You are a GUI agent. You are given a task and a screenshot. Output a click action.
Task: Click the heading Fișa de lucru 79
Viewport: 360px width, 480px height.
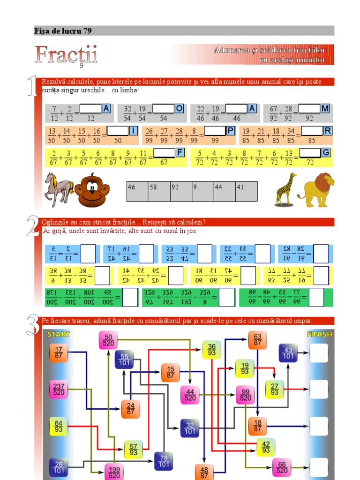[63, 31]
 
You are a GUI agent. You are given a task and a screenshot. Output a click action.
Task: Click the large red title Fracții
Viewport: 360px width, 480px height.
[66, 55]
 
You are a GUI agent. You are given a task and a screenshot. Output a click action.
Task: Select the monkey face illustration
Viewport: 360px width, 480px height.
[92, 190]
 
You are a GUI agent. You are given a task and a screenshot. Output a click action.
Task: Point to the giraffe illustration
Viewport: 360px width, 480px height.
[286, 189]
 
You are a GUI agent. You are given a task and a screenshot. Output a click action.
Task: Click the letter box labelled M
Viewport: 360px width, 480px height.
[325, 109]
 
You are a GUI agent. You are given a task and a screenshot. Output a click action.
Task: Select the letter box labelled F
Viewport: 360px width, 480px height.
[180, 152]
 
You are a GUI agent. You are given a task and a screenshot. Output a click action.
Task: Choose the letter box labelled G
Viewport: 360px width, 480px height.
[326, 152]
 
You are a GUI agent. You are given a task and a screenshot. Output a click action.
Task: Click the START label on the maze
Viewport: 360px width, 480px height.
[59, 334]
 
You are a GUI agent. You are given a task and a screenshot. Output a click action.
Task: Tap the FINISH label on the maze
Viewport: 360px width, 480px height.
[319, 334]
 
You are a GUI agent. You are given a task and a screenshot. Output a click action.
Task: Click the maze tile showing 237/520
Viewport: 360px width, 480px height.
[59, 389]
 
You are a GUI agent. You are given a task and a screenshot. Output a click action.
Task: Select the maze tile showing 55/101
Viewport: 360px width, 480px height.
[124, 360]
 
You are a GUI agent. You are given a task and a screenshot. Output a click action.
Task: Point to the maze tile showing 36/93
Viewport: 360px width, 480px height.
[212, 349]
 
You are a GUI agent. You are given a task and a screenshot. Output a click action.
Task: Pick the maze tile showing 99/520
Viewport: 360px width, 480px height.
[246, 395]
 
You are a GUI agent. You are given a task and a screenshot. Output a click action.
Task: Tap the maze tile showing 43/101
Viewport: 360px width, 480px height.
[288, 352]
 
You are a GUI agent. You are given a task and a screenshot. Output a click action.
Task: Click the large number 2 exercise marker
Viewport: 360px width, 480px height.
[33, 228]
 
